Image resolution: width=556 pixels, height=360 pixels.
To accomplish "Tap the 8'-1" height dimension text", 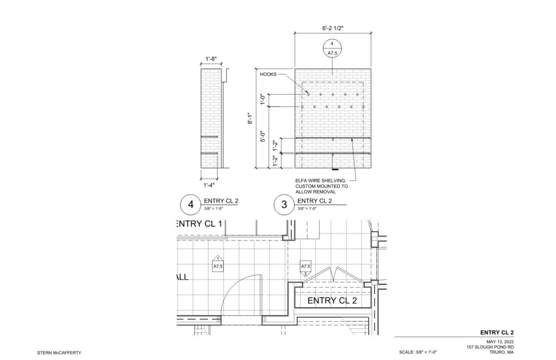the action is coord(250,118).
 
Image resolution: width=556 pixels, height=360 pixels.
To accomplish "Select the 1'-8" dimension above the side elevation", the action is coord(211,59).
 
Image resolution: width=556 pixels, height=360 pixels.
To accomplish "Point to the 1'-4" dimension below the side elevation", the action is coord(209,185).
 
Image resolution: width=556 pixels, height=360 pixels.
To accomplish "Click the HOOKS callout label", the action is coord(268,74).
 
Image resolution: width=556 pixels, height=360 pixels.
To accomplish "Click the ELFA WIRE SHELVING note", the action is coord(321,186).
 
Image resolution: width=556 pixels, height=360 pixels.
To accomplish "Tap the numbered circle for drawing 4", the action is coord(191,205).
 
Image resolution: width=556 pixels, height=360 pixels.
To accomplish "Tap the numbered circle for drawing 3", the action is coord(284,205).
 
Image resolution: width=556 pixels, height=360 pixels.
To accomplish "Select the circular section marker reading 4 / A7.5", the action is coord(332,48).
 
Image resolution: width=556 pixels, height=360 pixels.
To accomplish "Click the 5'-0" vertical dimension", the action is coord(263,136).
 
